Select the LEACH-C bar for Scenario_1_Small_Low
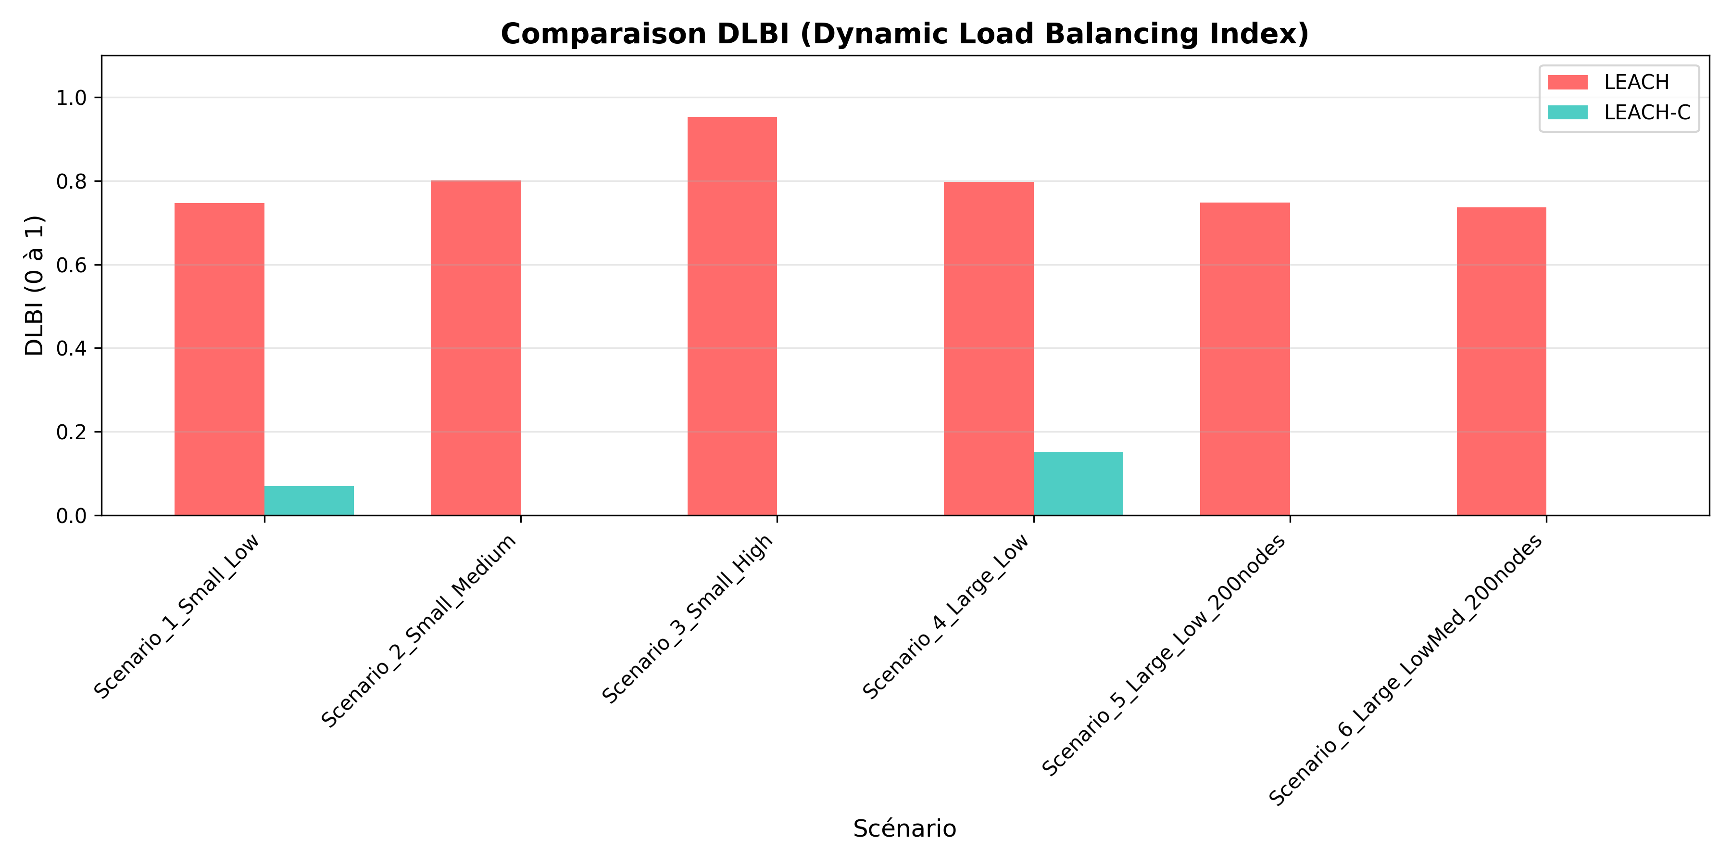click(309, 500)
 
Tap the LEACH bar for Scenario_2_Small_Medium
click(476, 348)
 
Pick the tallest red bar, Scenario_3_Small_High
click(732, 316)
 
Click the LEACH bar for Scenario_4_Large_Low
click(989, 348)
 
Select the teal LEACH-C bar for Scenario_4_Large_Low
click(1078, 484)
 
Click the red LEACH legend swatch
click(1567, 82)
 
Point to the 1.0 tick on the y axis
click(72, 98)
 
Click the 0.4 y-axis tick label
click(72, 348)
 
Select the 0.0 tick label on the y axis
click(72, 516)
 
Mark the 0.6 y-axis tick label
click(72, 265)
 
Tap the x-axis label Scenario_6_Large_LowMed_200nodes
click(1406, 670)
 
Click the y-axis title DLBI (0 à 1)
click(34, 285)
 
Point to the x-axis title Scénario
click(904, 828)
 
